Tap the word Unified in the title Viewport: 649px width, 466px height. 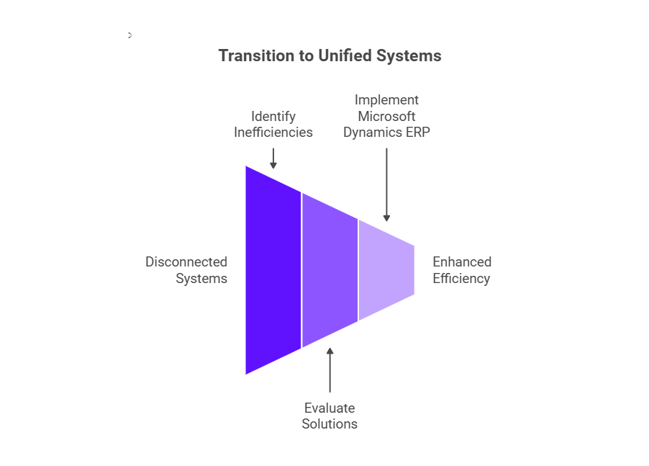pyautogui.click(x=345, y=55)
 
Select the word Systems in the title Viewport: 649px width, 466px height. pyautogui.click(x=409, y=56)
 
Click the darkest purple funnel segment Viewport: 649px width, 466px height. pyautogui.click(x=273, y=270)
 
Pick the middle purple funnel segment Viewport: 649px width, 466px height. pyautogui.click(x=330, y=270)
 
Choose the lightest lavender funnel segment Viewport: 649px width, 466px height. pyautogui.click(x=386, y=270)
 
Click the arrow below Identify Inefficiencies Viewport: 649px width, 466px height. pyautogui.click(x=273, y=158)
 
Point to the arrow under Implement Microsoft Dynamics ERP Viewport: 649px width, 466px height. pyautogui.click(x=386, y=184)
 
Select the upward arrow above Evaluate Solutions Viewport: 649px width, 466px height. pyautogui.click(x=330, y=370)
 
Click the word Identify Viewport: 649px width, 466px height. pyautogui.click(x=273, y=117)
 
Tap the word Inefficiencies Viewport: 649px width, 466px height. pyautogui.click(x=273, y=132)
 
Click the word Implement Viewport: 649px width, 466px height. pyautogui.click(x=386, y=100)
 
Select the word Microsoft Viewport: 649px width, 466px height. pyautogui.click(x=386, y=117)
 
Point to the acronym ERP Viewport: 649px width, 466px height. pyautogui.click(x=417, y=132)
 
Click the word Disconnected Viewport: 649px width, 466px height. pyautogui.click(x=186, y=261)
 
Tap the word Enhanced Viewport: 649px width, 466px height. pyautogui.click(x=462, y=261)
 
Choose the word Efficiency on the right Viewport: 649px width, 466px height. pyautogui.click(x=461, y=279)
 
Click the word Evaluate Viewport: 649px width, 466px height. pyautogui.click(x=330, y=408)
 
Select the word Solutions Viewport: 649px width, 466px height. pyautogui.click(x=330, y=424)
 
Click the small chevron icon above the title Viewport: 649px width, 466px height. pyautogui.click(x=130, y=35)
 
